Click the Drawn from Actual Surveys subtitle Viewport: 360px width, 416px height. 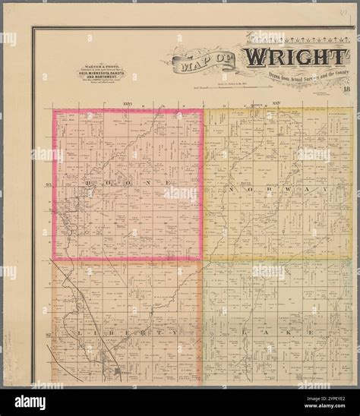(292, 77)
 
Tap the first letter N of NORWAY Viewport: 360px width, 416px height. (231, 188)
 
